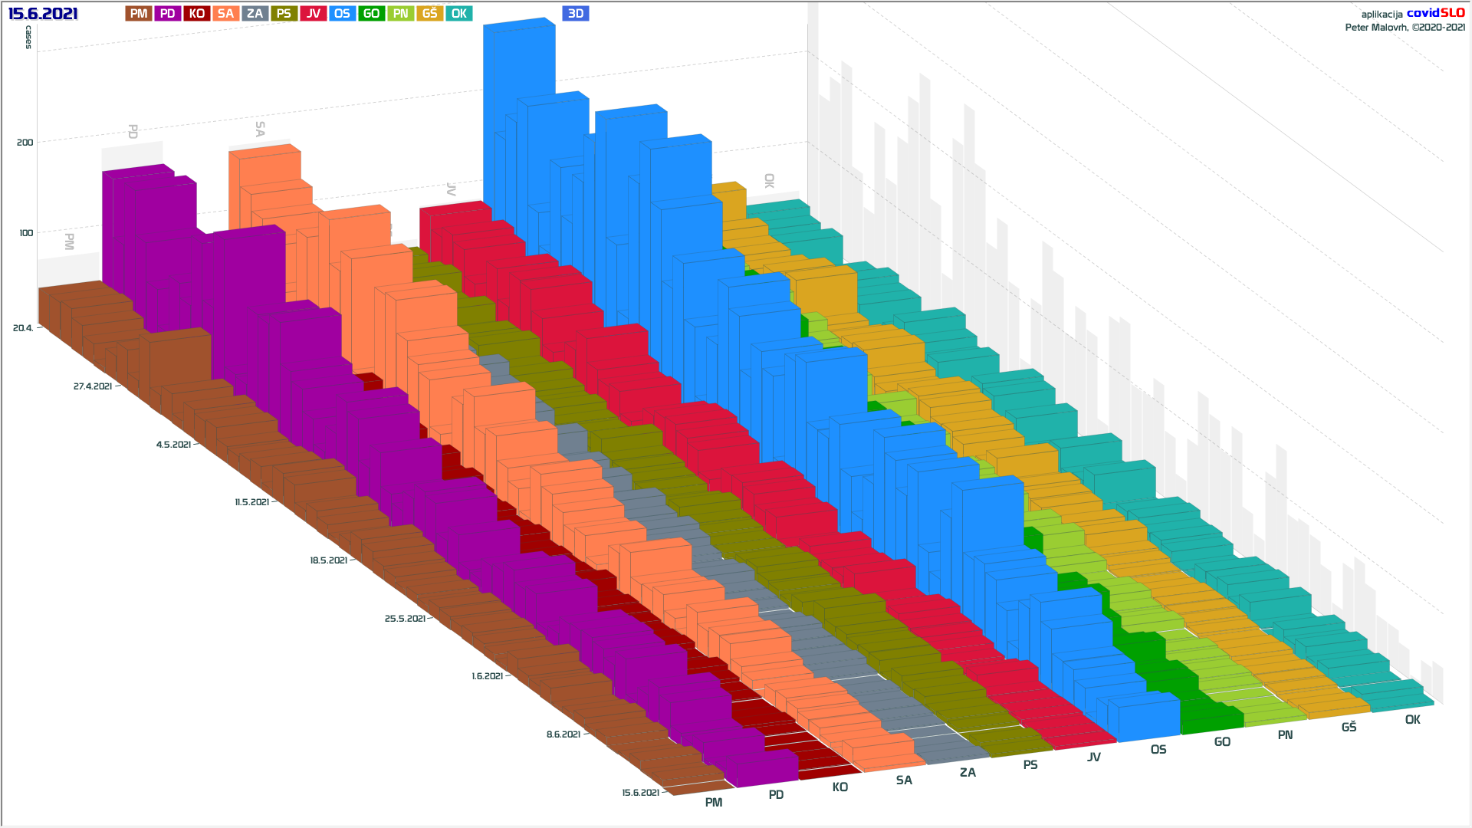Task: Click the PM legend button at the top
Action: pos(139,14)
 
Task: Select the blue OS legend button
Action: pos(342,14)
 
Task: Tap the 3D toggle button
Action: pos(576,14)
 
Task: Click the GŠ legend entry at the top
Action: pos(429,14)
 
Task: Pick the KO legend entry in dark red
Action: pos(197,14)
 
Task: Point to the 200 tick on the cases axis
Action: pos(25,143)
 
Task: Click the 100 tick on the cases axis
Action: pos(26,233)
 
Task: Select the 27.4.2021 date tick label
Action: pos(93,386)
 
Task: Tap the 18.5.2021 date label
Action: pos(329,560)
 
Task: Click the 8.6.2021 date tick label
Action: pos(563,734)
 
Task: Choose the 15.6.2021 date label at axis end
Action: pos(640,793)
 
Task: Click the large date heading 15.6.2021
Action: pos(43,14)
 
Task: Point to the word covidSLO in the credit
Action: pos(1435,13)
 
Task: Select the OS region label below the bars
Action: pos(1158,750)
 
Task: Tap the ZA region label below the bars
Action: pos(968,773)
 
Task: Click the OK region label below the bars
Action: pos(1412,720)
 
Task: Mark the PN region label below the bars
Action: pos(1285,735)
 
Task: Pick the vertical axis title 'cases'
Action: pos(29,37)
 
